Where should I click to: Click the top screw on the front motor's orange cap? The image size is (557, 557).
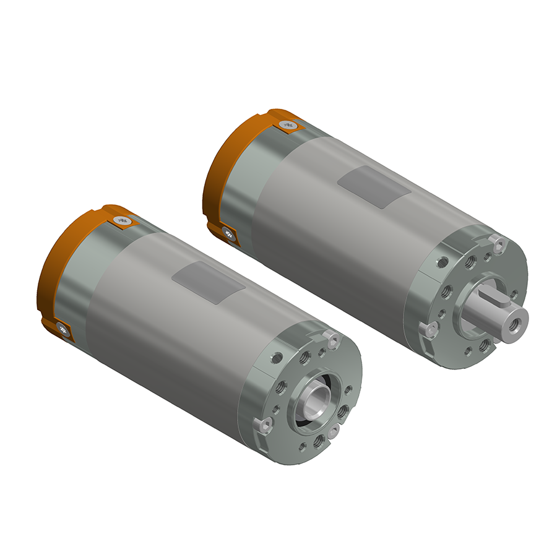click(x=121, y=220)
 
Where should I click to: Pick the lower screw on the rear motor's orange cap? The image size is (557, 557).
click(x=227, y=233)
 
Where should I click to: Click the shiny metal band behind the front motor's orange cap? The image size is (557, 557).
click(x=80, y=278)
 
